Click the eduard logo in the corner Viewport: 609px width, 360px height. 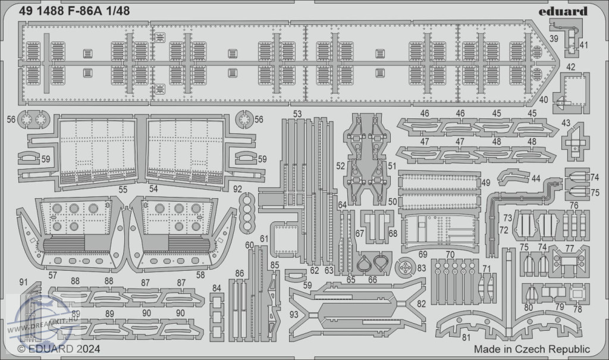563,12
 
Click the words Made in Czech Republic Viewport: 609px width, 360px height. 532,349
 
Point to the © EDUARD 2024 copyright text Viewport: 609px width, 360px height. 59,349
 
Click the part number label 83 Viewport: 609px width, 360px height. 422,268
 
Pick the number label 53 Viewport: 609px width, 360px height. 297,114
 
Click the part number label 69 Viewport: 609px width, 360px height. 423,254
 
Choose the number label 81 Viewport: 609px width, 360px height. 466,337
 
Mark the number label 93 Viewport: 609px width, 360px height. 294,314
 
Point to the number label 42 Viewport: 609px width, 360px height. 570,67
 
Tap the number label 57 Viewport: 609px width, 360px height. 53,276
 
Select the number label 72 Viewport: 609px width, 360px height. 504,230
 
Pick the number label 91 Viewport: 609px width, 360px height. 23,281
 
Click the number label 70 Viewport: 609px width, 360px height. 450,255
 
